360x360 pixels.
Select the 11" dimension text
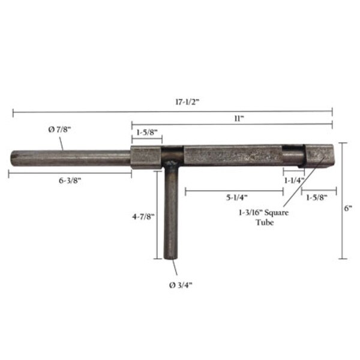point(239,118)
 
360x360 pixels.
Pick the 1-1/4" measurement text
point(294,179)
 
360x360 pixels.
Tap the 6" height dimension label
point(348,208)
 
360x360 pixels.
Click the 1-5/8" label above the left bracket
point(146,131)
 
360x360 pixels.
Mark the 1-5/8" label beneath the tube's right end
point(317,197)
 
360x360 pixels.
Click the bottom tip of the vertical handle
point(171,257)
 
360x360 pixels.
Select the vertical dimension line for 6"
point(343,201)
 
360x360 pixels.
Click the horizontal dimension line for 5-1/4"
point(234,190)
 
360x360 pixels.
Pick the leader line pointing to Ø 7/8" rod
point(61,142)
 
